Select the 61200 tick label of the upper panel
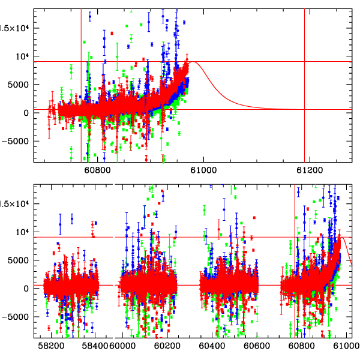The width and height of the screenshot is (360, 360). tap(308, 170)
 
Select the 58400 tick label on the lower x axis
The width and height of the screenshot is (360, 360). tap(96, 346)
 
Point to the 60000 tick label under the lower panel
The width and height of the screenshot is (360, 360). tap(124, 346)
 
